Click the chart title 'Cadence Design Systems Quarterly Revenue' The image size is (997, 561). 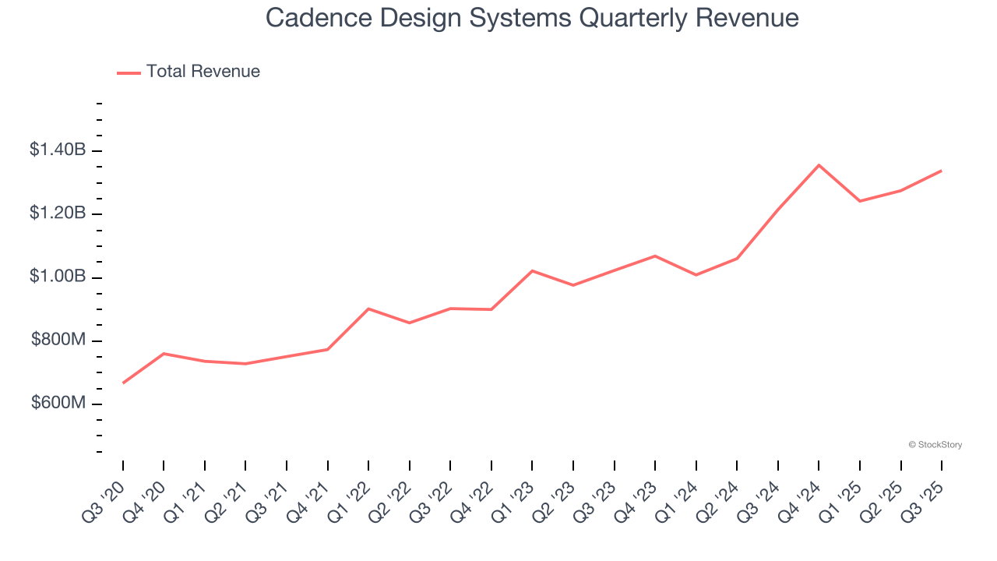pos(532,17)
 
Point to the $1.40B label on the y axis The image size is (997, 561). pos(58,150)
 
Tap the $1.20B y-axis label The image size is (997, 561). pos(58,213)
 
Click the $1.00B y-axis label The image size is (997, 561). pos(58,277)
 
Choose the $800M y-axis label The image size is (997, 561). pos(58,340)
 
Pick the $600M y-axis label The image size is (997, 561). pos(58,404)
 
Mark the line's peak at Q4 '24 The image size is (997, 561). pos(819,165)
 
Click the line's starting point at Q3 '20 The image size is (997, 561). pos(123,383)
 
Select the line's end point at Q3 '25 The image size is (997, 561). pos(941,171)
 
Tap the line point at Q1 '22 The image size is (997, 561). pos(368,309)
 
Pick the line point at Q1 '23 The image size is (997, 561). pos(532,270)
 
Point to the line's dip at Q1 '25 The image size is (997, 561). pos(860,201)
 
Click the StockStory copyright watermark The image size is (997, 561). pos(935,445)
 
